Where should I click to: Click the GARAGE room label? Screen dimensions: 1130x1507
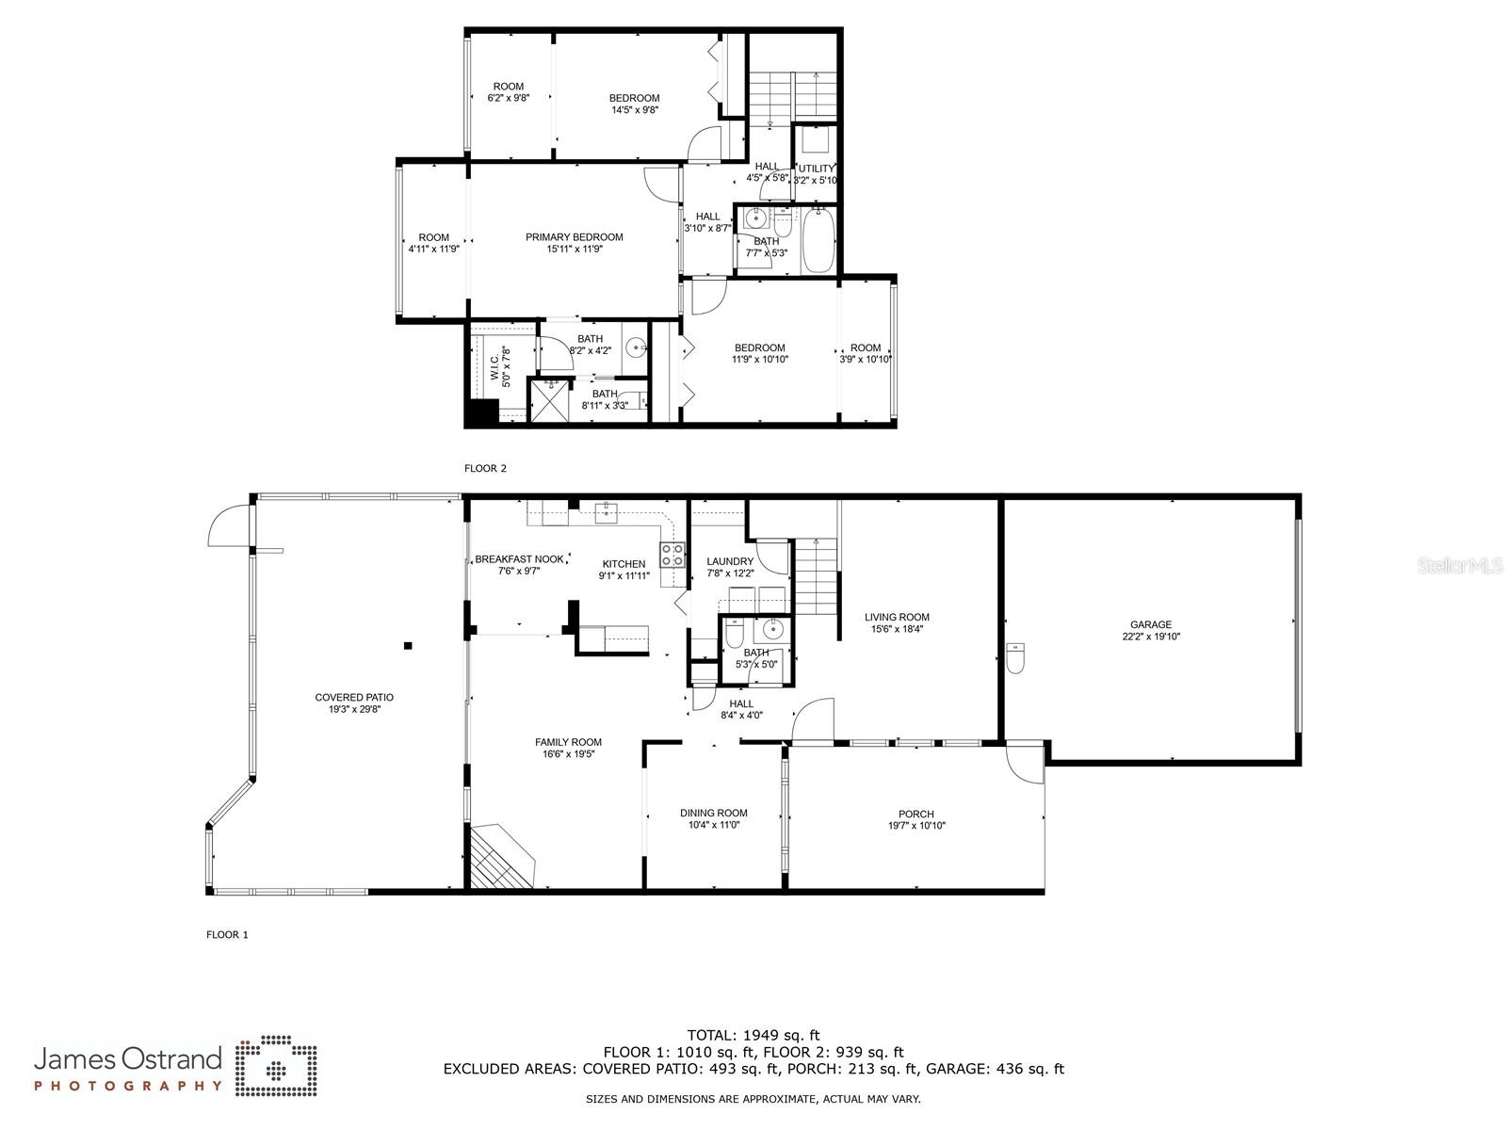[1150, 624]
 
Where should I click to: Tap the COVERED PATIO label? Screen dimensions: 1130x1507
[354, 698]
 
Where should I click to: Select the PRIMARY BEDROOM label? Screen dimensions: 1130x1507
[574, 237]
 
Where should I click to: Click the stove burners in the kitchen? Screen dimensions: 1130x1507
[672, 556]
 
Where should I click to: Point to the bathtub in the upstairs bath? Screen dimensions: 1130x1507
[818, 241]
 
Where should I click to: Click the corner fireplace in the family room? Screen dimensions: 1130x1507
[499, 857]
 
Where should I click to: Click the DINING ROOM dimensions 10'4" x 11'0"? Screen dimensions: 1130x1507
[713, 825]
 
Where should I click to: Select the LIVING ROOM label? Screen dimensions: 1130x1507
[897, 618]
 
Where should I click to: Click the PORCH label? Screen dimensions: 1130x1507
[916, 815]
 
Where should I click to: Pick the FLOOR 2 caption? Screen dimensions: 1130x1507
[485, 468]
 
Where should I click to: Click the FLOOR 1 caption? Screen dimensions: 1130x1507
[227, 935]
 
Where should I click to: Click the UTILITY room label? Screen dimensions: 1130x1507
[816, 169]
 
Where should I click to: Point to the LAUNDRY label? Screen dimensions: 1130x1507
[730, 561]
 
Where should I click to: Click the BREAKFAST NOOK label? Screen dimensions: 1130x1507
[519, 559]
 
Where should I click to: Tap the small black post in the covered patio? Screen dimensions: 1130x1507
[408, 645]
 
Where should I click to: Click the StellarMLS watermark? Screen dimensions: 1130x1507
[1461, 565]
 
